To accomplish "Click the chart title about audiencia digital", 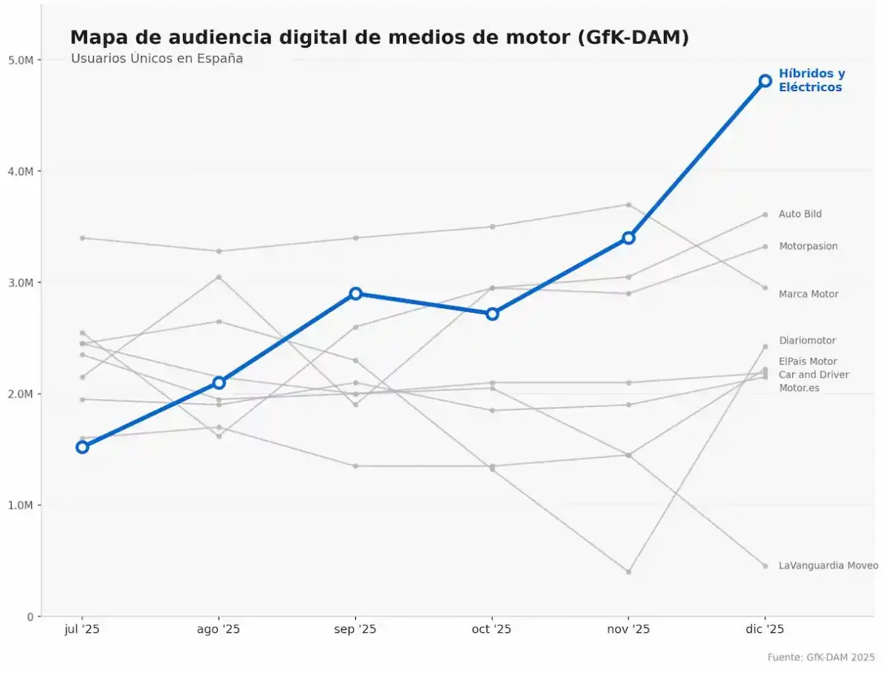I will (379, 38).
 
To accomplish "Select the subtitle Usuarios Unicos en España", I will (157, 58).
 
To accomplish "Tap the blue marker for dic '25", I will (765, 81).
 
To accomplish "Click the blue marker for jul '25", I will (82, 447).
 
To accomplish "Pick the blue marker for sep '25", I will (355, 293).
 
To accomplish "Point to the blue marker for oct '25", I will (492, 313).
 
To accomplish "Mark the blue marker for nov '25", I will (628, 238).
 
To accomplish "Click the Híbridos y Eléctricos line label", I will (811, 81).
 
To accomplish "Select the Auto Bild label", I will (800, 214).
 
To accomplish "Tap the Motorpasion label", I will (808, 246).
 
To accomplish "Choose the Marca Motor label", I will (808, 294).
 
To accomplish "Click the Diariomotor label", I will (807, 341).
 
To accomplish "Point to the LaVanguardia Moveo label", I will (828, 566).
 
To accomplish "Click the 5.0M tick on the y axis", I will (21, 60).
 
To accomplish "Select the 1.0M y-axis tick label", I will (21, 505).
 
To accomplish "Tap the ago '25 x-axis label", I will (219, 629).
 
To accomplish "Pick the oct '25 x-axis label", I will (492, 629).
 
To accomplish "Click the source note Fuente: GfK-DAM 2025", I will (820, 657).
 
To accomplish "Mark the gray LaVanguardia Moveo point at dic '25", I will (765, 566).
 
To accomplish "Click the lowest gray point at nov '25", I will (628, 572).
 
